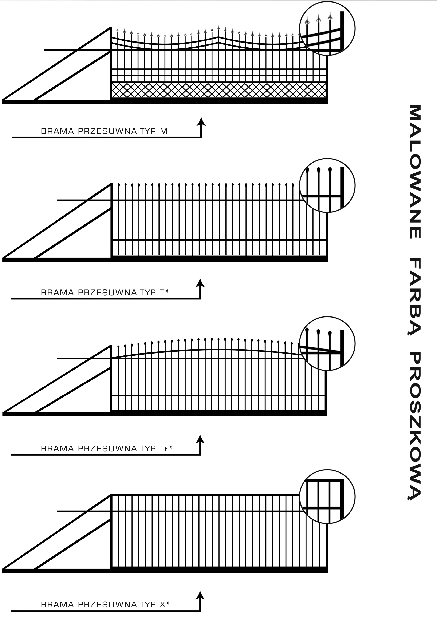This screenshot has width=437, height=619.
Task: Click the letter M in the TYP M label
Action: pos(164,131)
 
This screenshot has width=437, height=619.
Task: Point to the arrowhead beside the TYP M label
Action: pos(201,121)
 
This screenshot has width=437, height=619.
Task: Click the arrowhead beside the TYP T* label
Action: pos(200,283)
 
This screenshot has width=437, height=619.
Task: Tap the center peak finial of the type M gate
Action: pos(219,28)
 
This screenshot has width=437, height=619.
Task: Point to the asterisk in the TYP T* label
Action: pos(167,291)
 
